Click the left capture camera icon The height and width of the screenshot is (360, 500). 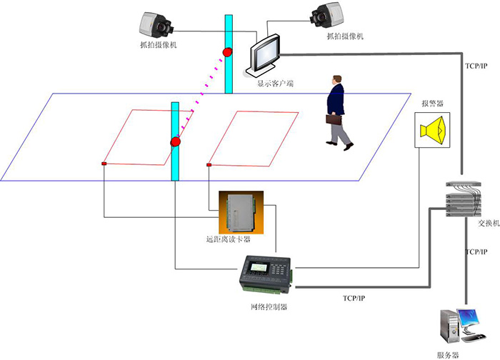pos(157,24)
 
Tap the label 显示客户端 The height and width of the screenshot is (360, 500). pos(275,84)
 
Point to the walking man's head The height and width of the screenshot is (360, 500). pos(336,79)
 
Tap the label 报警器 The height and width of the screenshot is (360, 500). pos(433,104)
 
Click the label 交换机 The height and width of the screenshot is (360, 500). pos(488,223)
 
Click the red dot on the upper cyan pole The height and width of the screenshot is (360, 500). pos(228,52)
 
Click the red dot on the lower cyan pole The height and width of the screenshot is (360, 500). pos(175,142)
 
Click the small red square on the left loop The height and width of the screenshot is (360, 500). pos(104,165)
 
